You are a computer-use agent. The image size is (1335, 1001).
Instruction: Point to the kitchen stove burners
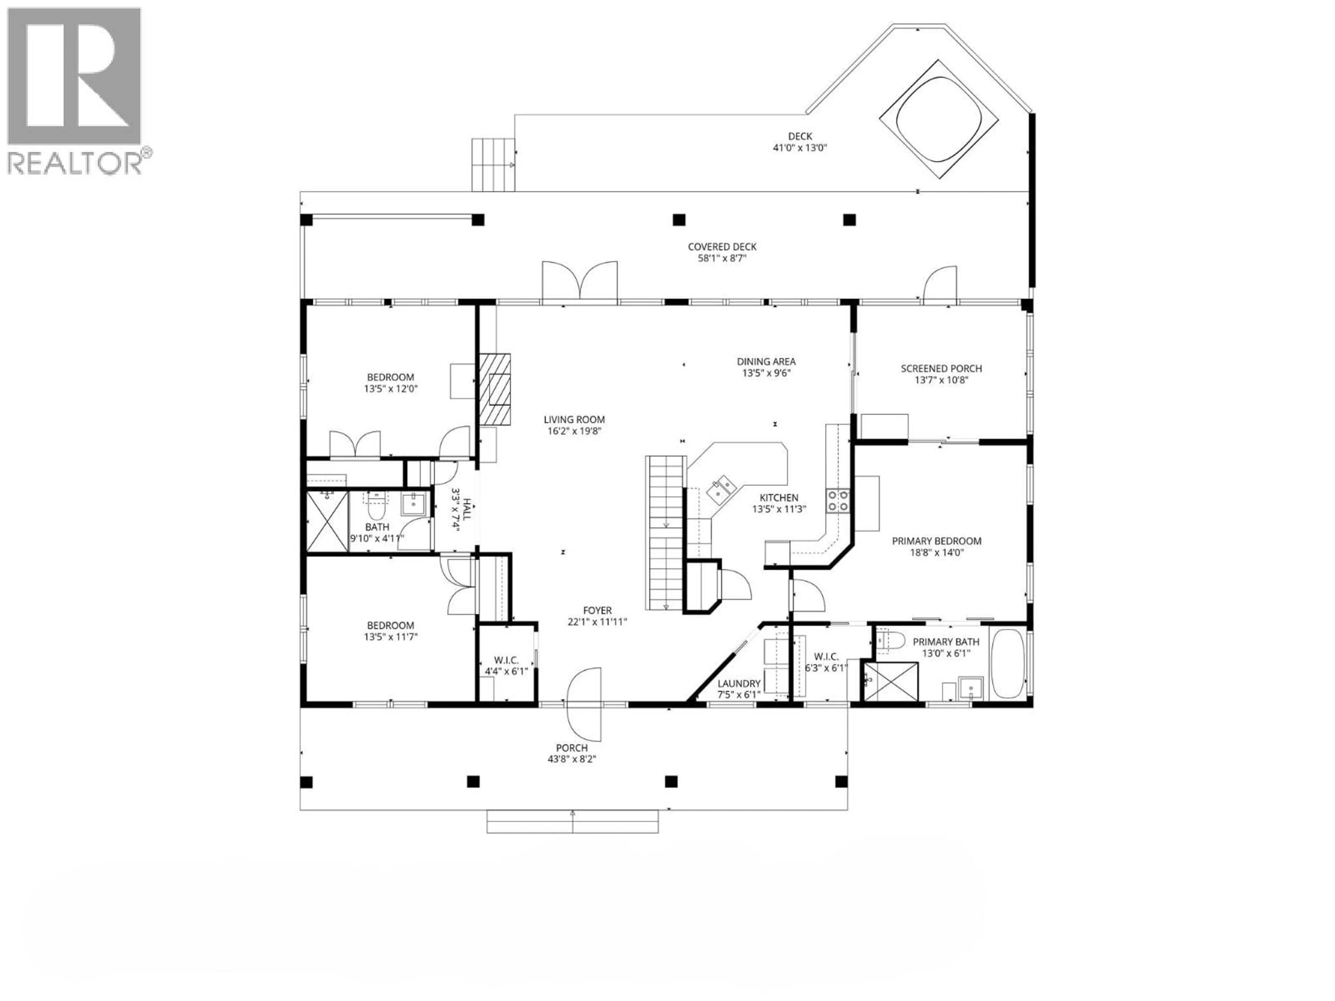[838, 500]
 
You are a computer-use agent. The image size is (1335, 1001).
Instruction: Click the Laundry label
[739, 684]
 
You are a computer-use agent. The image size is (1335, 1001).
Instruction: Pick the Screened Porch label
[941, 369]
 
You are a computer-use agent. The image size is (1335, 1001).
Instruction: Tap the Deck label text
[800, 136]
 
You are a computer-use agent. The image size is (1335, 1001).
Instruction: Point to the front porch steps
[572, 822]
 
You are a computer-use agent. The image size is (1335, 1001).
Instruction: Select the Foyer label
[597, 611]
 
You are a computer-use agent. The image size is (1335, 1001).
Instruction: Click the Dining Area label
[766, 361]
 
